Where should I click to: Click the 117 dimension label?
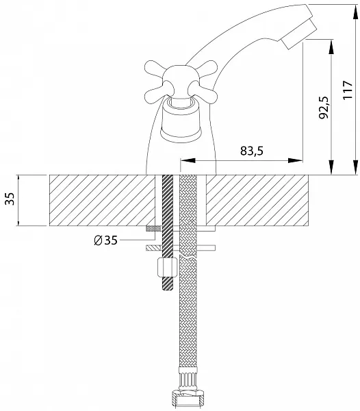click(348, 90)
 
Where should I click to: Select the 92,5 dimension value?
click(323, 108)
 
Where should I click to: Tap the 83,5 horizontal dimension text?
click(252, 151)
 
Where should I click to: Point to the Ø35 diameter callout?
click(105, 240)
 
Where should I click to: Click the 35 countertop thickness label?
click(10, 199)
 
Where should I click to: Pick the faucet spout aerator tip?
click(300, 35)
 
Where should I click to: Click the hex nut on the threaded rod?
click(166, 267)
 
